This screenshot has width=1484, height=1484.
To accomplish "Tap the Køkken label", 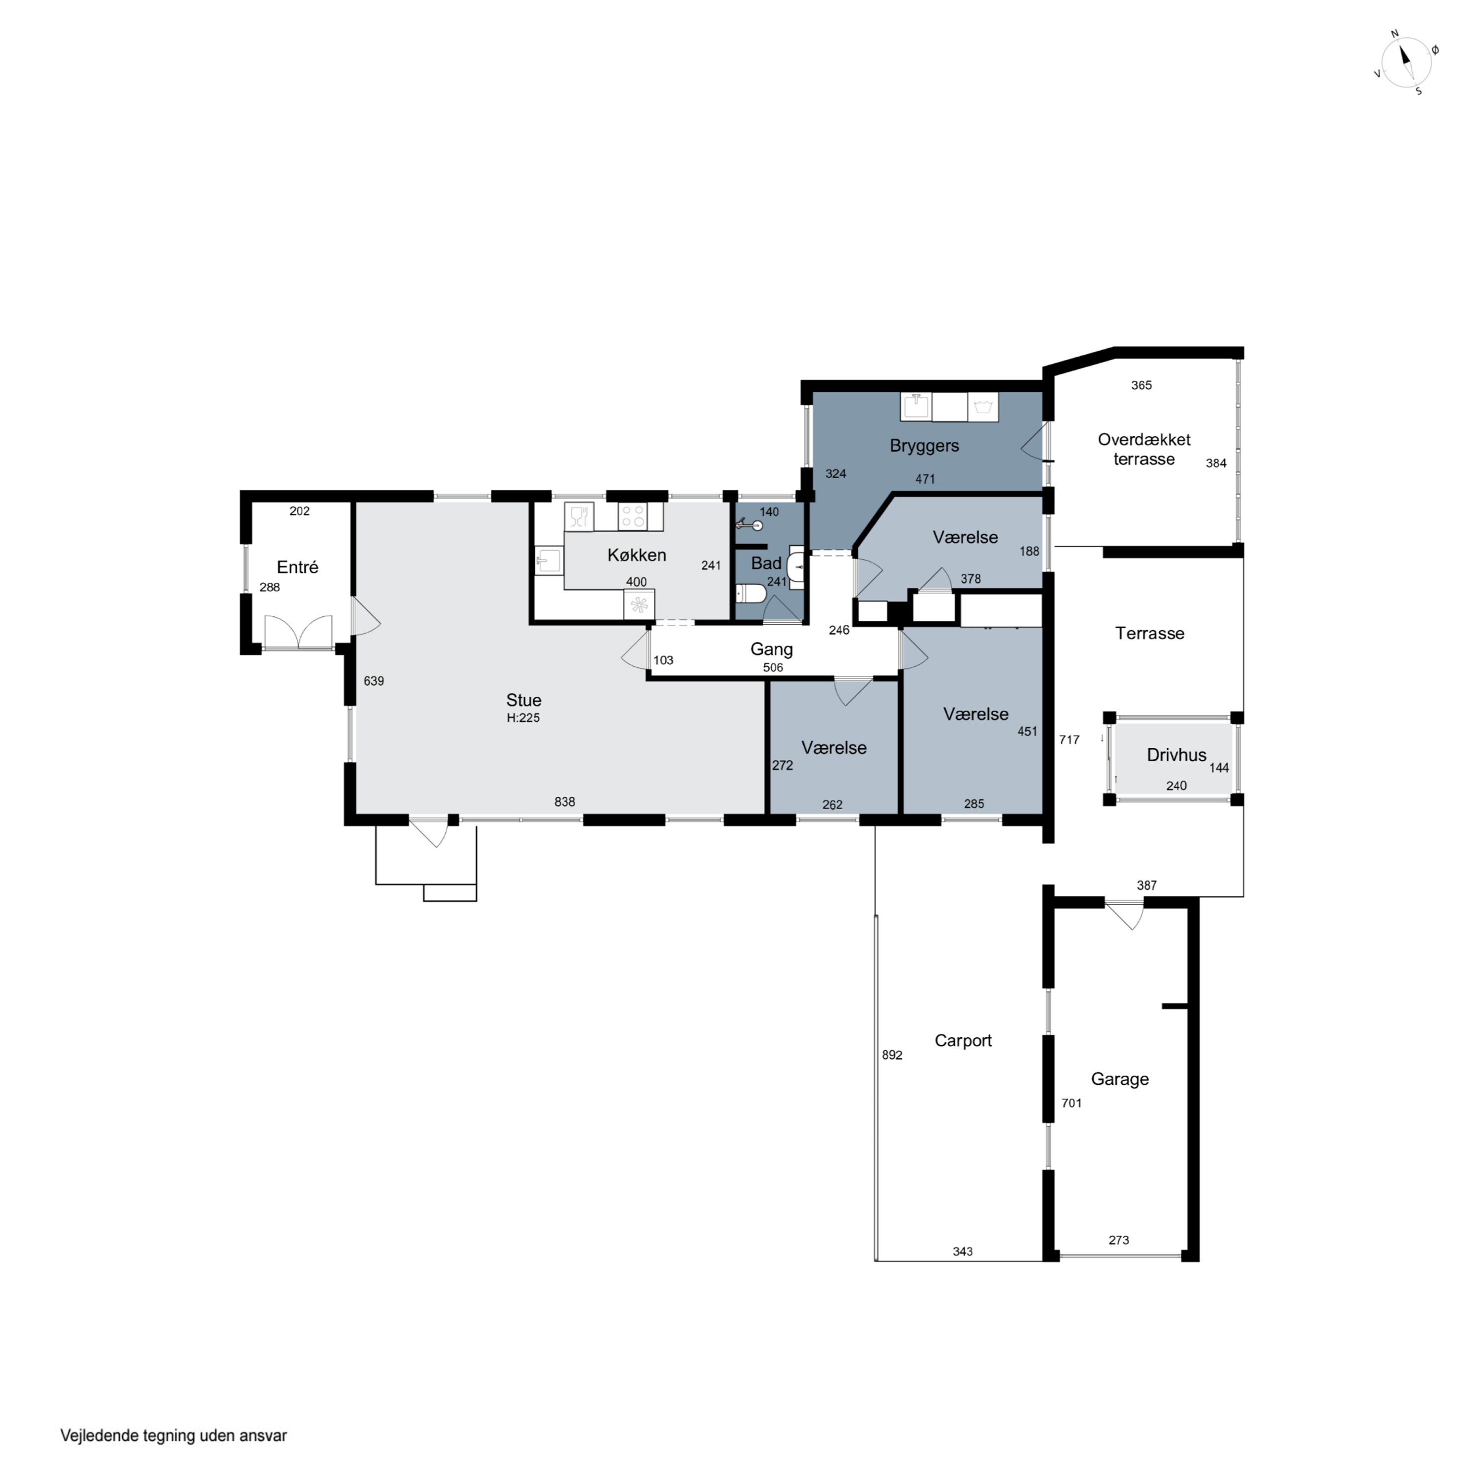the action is [x=637, y=555].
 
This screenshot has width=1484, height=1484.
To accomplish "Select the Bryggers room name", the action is [x=924, y=446].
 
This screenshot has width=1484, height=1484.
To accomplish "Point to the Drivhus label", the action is [x=1176, y=754].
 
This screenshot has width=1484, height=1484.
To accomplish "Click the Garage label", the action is [x=1120, y=1079].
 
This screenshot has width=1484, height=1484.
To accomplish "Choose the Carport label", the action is [x=963, y=1041].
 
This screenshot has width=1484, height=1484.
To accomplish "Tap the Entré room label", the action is [x=297, y=567].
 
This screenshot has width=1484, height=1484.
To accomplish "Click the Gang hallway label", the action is [x=771, y=649].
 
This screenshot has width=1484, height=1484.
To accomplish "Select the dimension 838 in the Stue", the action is [x=564, y=801].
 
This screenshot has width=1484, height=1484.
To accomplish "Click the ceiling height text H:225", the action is [x=523, y=717].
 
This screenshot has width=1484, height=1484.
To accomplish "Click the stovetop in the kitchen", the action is [x=633, y=516].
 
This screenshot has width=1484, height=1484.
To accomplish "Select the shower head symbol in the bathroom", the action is [x=749, y=525].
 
